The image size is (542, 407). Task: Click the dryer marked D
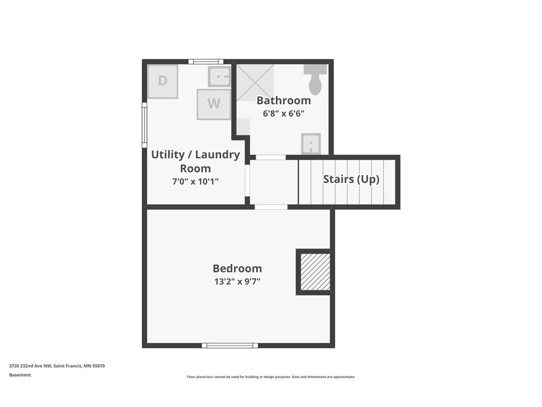(x=163, y=82)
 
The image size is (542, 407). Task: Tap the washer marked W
(x=214, y=104)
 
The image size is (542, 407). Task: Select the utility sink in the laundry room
(x=219, y=76)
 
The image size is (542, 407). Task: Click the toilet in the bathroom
(x=315, y=79)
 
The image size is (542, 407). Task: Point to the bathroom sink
(x=311, y=144)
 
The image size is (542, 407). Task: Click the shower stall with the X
(x=255, y=83)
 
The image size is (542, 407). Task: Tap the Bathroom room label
(x=284, y=100)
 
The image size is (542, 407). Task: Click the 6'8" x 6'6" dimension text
(x=284, y=113)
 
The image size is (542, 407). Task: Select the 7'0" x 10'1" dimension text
(x=195, y=181)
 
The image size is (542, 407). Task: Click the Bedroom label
(x=237, y=268)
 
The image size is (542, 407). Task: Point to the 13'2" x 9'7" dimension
(x=237, y=281)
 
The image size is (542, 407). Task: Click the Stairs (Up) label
(x=351, y=179)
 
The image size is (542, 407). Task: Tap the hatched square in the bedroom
(x=315, y=272)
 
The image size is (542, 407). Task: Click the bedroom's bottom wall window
(x=230, y=346)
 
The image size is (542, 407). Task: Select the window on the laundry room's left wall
(x=144, y=125)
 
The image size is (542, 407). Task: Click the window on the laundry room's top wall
(x=206, y=61)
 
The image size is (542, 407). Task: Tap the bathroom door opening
(x=270, y=157)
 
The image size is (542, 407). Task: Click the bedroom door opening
(x=271, y=207)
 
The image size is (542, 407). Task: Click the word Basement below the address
(x=20, y=375)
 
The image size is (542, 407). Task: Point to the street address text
(x=57, y=366)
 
